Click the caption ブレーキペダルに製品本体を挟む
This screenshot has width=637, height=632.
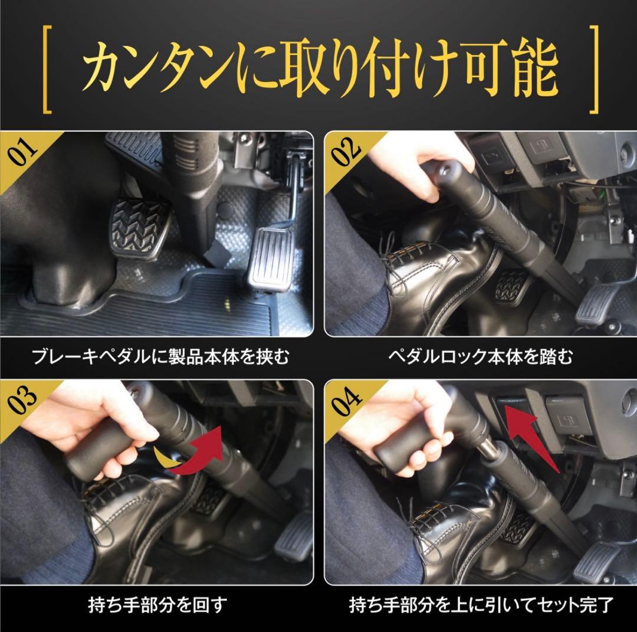160,356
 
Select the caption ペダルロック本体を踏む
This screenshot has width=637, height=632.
480,356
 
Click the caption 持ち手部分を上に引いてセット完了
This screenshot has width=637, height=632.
480,605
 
